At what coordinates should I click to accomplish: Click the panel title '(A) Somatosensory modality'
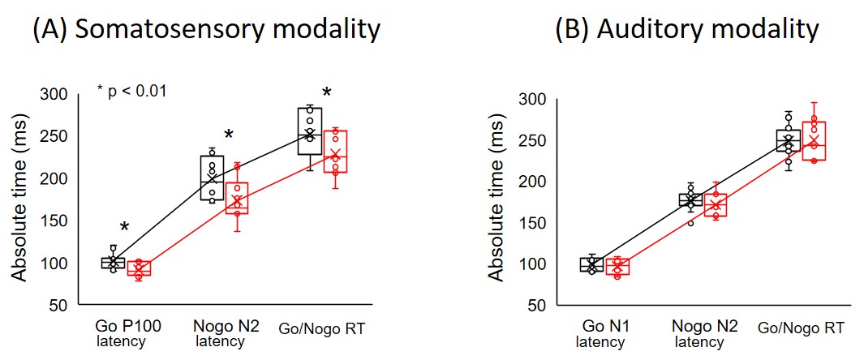205,30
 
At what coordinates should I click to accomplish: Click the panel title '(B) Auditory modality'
686,30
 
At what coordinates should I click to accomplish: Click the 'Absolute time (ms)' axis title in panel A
19,198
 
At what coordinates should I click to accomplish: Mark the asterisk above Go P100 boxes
124,228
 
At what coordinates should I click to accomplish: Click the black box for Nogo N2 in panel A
212,178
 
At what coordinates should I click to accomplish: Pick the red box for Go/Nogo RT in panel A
335,152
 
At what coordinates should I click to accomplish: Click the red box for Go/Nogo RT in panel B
814,141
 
